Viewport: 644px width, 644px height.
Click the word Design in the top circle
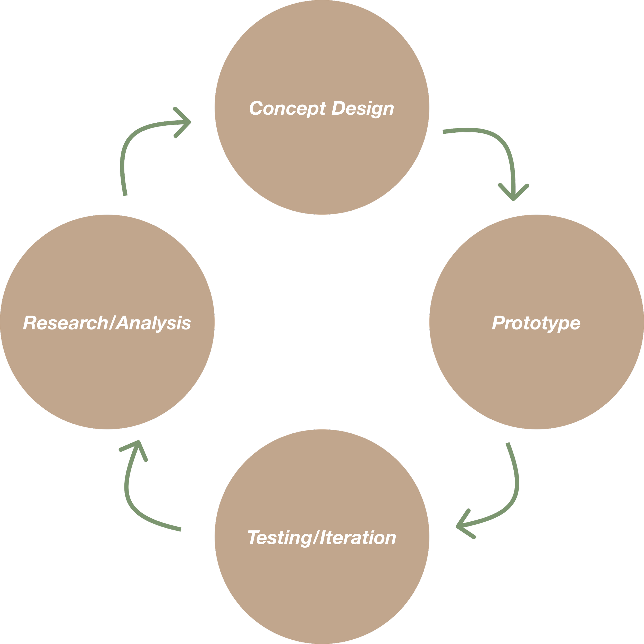[363, 109]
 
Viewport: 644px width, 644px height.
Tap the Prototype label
[536, 323]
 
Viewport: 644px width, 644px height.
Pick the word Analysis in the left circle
[154, 323]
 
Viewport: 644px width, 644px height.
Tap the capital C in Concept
[256, 108]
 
